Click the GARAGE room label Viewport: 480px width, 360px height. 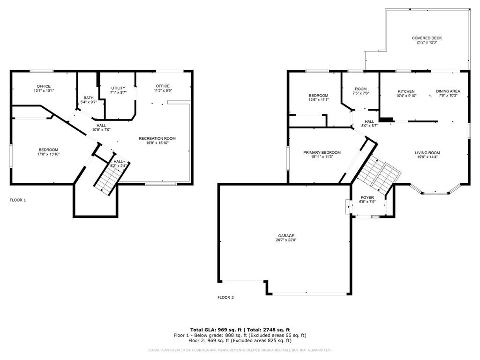click(285, 236)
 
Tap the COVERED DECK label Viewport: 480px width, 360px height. click(427, 38)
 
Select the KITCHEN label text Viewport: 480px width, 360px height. click(406, 91)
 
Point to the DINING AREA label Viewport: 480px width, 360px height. click(448, 91)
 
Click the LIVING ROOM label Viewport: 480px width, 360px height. click(427, 152)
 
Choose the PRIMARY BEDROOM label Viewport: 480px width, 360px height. click(322, 152)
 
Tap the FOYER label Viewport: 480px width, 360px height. click(367, 197)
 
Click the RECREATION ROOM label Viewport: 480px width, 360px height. click(157, 138)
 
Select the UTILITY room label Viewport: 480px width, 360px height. click(118, 88)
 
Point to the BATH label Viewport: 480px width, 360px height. click(89, 97)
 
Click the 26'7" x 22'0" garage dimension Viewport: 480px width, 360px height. click(285, 240)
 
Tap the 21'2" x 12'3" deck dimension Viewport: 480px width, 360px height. click(427, 42)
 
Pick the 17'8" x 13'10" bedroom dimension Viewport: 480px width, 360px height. click(49, 154)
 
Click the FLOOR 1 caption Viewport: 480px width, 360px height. click(18, 200)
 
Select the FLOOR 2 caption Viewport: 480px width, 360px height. click(225, 297)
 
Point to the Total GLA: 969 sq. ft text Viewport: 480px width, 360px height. click(217, 330)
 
